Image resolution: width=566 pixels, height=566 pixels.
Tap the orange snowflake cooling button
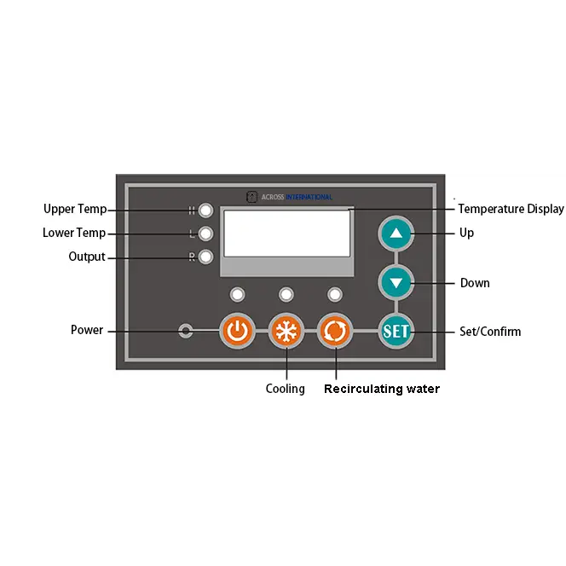[x=286, y=331]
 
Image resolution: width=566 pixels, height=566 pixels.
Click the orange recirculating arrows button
[x=335, y=331]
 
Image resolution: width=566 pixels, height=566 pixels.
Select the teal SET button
[x=396, y=331]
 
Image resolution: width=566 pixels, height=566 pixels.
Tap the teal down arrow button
[x=396, y=281]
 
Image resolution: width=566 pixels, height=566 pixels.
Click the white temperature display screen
[x=286, y=233]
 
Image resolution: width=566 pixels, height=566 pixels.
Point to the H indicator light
[x=205, y=210]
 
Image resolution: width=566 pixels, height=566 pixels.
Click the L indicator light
[x=205, y=233]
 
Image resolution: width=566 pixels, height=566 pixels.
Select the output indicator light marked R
[x=205, y=257]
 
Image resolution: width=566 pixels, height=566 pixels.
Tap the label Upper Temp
[x=75, y=210]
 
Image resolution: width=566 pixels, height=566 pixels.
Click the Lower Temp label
[x=74, y=233]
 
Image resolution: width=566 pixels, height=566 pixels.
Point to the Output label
[x=87, y=257]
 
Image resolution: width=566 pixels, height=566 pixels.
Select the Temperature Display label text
[x=511, y=209]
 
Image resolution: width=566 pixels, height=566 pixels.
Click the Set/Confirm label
[x=490, y=331]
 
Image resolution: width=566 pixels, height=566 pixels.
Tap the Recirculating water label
[x=382, y=389]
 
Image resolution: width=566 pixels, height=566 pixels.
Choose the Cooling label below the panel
[x=285, y=389]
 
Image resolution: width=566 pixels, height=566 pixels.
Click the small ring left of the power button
[x=186, y=331]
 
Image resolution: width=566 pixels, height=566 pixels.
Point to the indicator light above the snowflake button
[x=286, y=294]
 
